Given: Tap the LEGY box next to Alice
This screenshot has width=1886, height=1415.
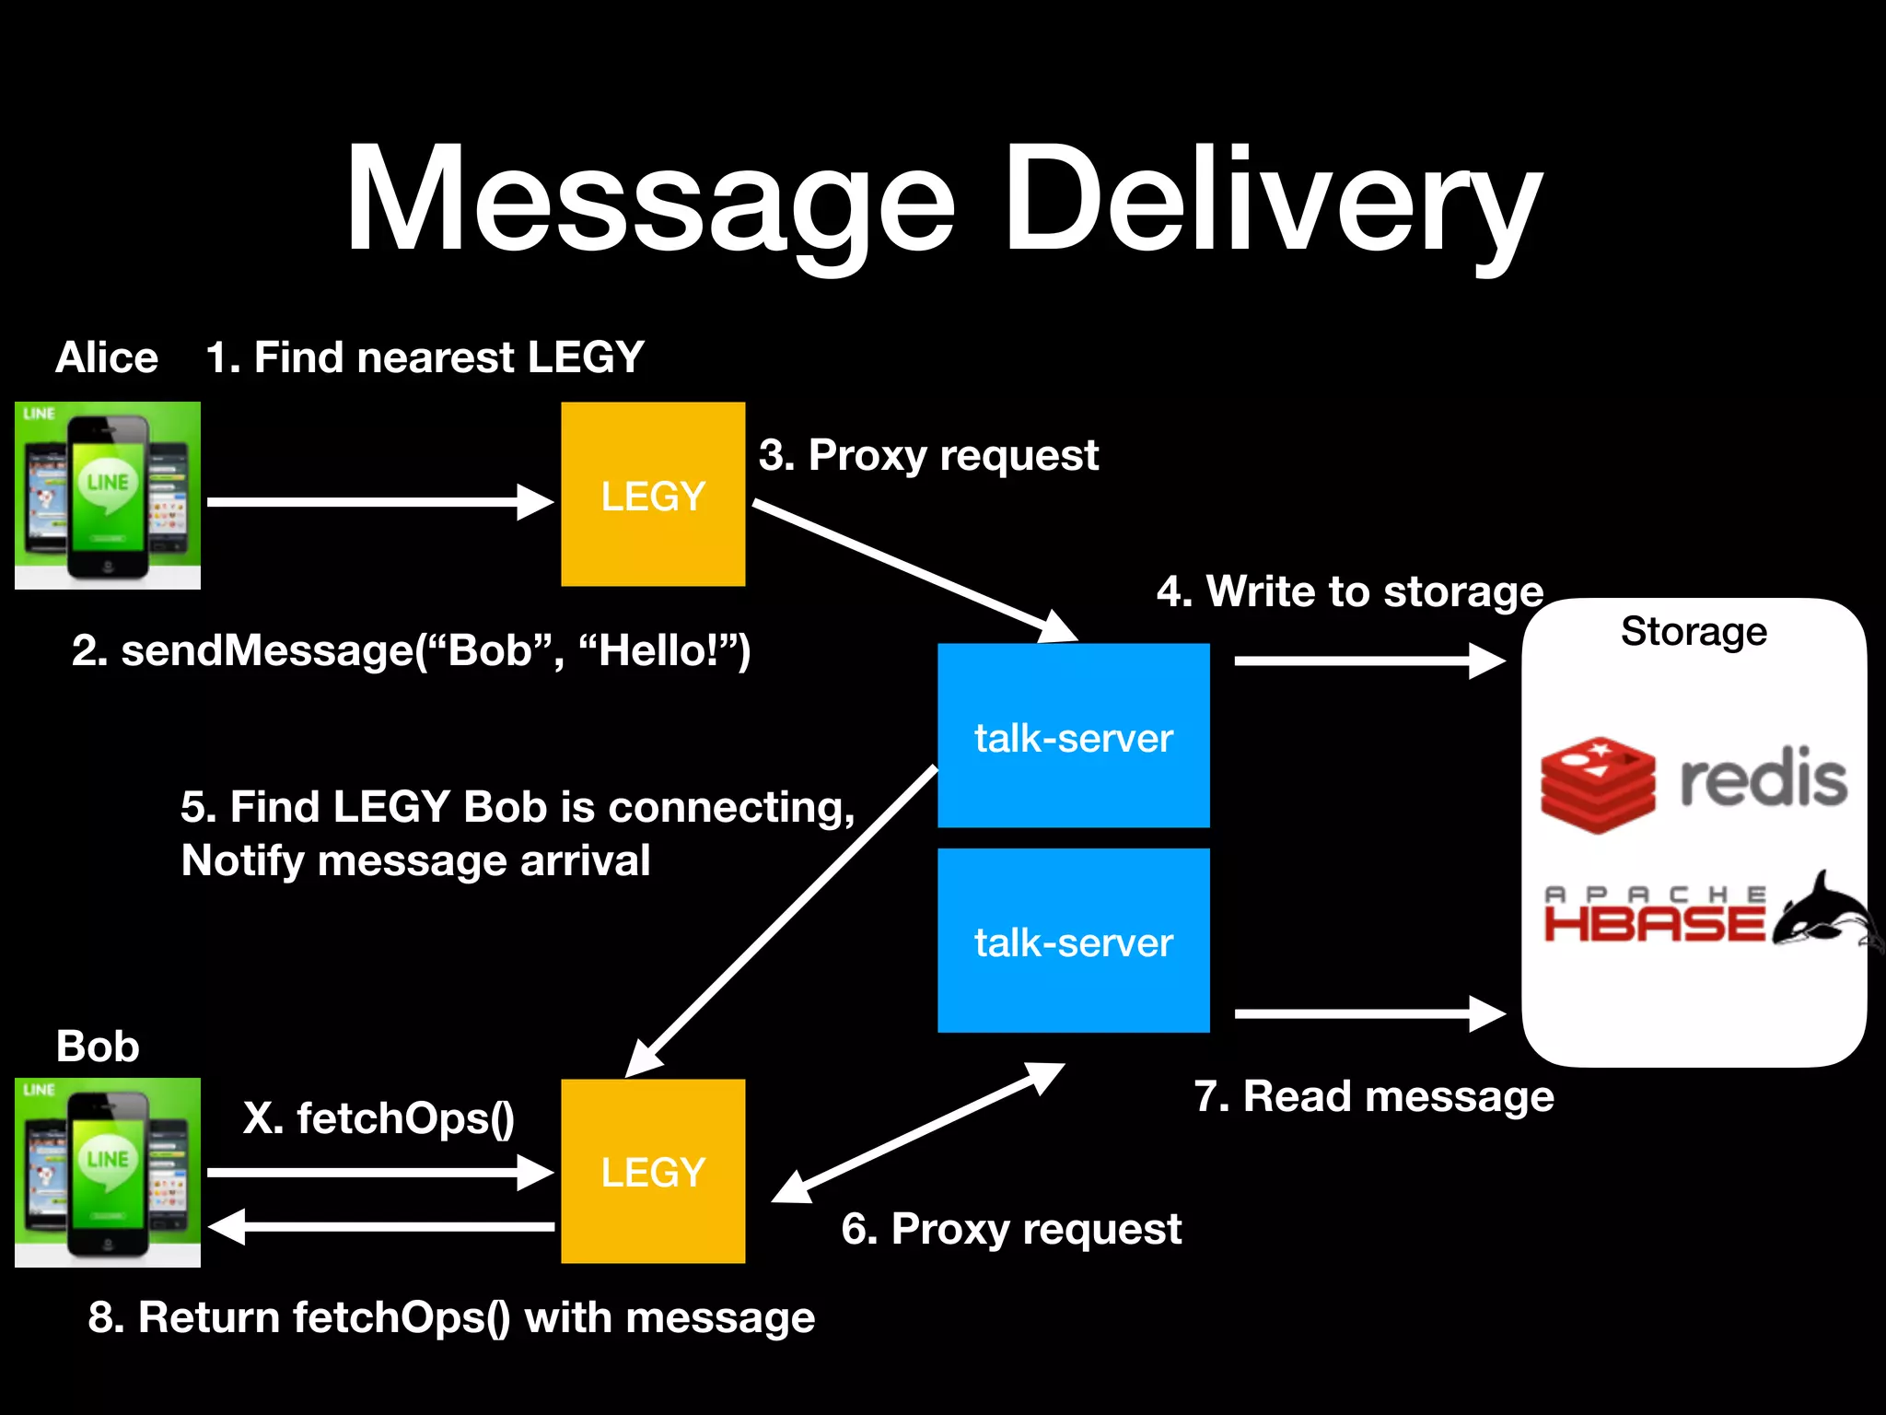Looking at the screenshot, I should pos(653,495).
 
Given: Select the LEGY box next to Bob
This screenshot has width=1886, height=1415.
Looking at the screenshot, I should pos(653,1171).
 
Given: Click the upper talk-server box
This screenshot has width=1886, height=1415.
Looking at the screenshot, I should pos(1073,736).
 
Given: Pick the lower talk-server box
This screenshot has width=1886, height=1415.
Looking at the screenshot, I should pos(1073,941).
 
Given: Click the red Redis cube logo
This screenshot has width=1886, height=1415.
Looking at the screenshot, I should pos(1598,785).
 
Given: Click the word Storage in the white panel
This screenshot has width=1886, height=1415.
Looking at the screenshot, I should pos(1694,632).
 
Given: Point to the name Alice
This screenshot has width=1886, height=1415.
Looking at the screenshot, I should pos(107,357).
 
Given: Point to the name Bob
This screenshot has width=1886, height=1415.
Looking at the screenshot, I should pos(98,1047).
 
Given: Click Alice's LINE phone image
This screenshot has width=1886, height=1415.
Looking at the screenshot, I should pos(108,496).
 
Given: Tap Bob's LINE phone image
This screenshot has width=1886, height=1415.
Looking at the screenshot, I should pos(108,1172).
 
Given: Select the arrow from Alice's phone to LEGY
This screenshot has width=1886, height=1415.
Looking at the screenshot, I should pos(378,502).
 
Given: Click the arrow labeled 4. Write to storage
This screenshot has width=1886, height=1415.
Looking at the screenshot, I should pos(1368,661).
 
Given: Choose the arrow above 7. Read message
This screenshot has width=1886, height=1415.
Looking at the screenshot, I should pos(1368,1013).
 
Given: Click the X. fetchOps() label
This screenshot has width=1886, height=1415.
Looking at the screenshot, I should pos(378,1118).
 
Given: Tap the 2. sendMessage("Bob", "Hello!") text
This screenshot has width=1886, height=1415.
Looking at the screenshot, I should pos(412,650).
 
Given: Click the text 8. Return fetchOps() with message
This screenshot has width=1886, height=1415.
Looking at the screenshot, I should pos(451,1317).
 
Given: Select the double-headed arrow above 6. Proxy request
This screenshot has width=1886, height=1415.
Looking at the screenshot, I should pos(918,1133).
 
